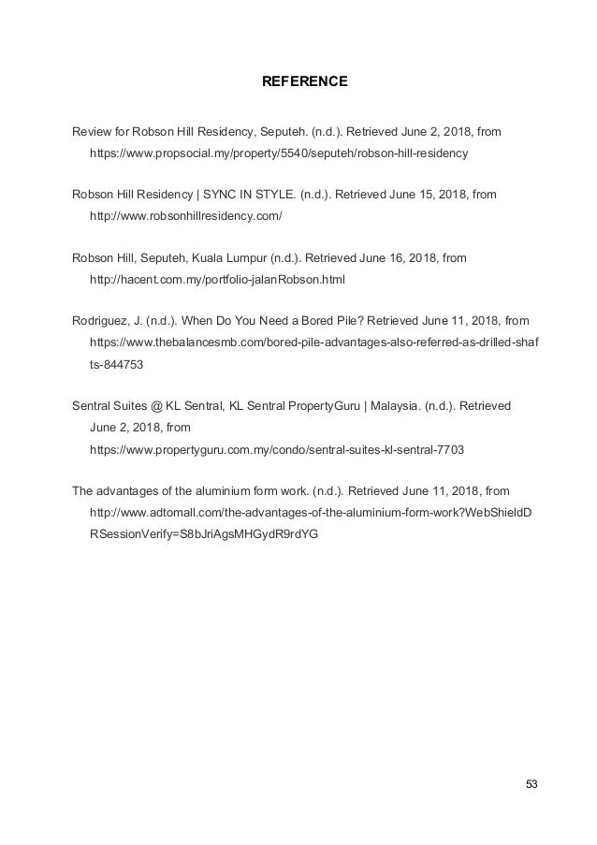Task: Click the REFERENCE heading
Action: [303, 82]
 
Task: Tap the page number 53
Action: [532, 783]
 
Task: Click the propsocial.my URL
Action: [278, 151]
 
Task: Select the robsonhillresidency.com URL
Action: [184, 215]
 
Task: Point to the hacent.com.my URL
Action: [216, 280]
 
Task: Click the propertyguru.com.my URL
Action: [275, 449]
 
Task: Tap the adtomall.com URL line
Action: [312, 514]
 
